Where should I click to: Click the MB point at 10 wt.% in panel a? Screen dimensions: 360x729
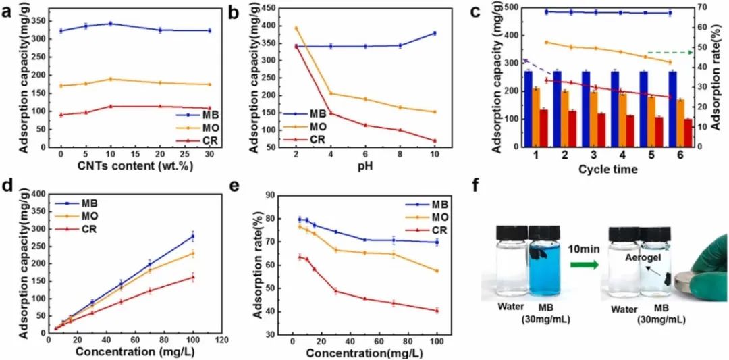109,24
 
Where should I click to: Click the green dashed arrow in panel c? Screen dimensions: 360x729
670,52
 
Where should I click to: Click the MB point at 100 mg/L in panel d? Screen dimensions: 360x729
193,236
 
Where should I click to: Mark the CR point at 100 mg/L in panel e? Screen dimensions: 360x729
437,311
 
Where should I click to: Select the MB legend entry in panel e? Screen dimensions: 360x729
430,205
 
